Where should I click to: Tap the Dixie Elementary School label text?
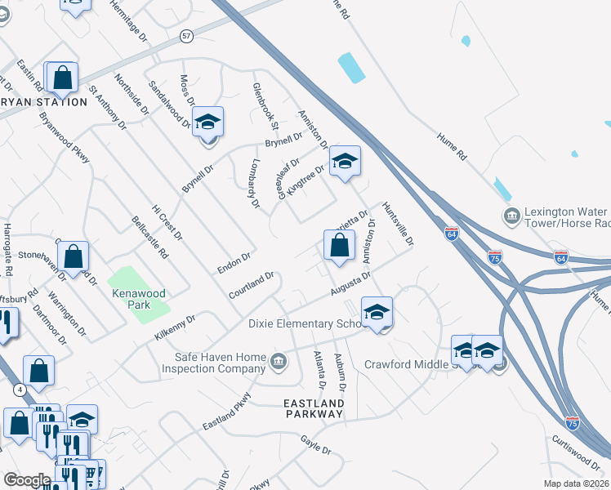click(x=304, y=324)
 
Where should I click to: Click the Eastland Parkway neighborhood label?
click(x=314, y=408)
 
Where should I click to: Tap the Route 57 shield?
click(x=187, y=37)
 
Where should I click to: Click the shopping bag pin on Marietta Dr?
click(x=339, y=244)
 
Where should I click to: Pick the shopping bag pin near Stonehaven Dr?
click(x=74, y=256)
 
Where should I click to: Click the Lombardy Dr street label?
click(x=252, y=182)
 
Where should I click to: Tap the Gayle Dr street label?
click(x=315, y=445)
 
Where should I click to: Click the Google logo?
click(x=27, y=480)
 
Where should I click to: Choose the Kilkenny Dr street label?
click(x=175, y=328)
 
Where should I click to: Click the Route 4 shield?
click(x=19, y=390)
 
